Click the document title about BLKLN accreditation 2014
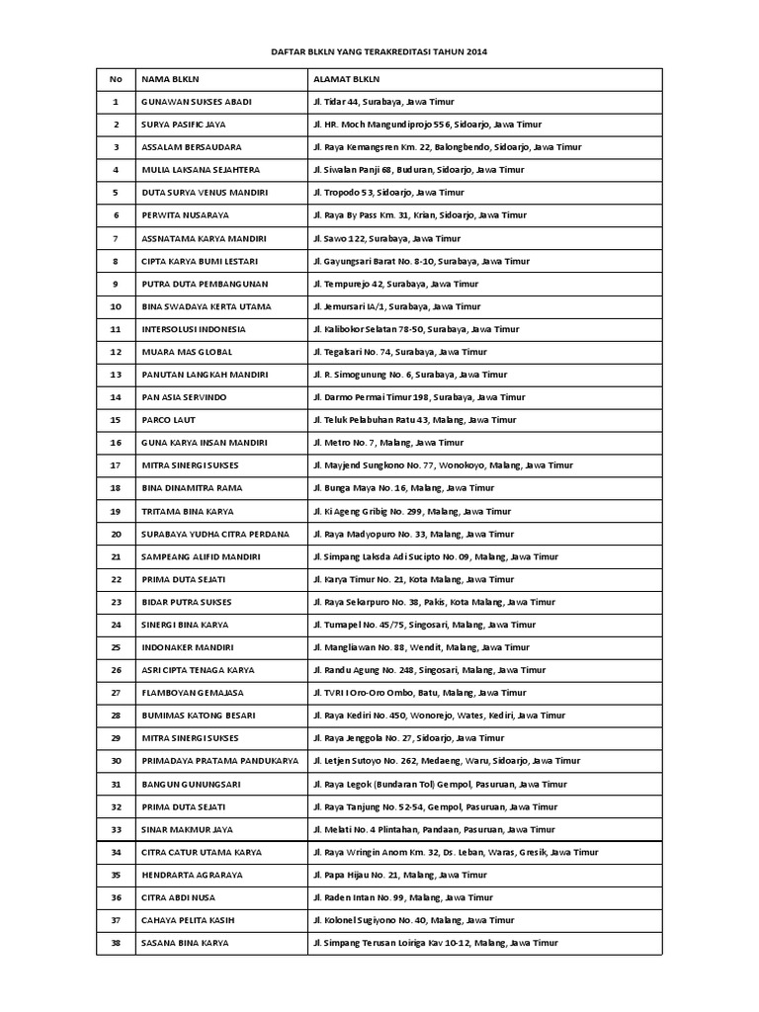[x=379, y=50]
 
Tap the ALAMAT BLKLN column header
[x=345, y=79]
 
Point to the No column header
[x=116, y=79]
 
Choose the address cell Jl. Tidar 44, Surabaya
[x=383, y=102]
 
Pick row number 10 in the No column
[x=116, y=306]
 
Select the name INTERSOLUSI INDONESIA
[x=194, y=329]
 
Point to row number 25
[x=116, y=647]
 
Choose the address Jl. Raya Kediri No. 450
[x=439, y=716]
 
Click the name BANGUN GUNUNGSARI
[x=190, y=784]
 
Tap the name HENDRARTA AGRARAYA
[x=192, y=875]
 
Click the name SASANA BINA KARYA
[x=186, y=943]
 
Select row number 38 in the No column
[x=116, y=943]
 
